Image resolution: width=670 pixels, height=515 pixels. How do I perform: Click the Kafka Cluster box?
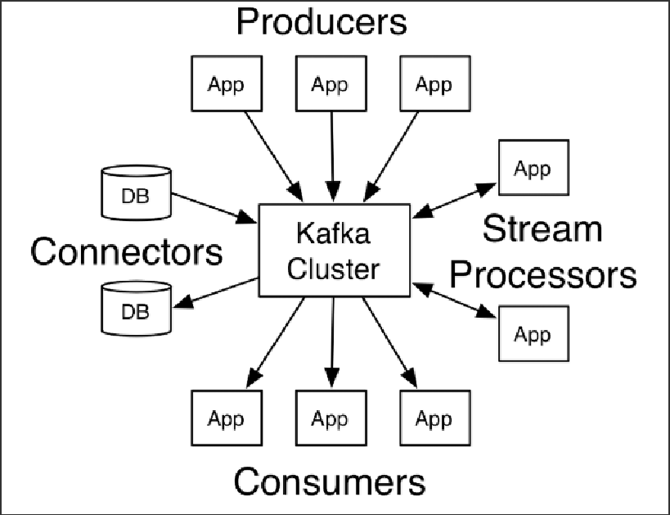334,250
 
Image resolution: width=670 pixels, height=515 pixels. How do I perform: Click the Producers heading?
322,21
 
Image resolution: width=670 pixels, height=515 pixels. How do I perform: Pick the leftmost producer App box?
226,84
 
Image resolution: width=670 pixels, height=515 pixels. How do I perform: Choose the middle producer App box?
331,84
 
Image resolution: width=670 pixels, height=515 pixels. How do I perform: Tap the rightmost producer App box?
434,84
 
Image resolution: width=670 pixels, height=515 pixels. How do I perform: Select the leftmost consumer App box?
226,419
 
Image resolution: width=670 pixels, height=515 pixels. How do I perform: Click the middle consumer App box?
331,419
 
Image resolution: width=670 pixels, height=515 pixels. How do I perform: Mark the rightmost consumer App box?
434,419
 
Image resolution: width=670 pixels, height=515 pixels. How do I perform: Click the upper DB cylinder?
136,195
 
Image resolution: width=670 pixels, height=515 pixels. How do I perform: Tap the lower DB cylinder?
136,310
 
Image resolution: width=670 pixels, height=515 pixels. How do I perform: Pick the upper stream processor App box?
533,169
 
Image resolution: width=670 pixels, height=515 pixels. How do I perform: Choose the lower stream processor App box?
533,334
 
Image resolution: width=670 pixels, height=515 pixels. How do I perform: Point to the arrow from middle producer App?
331,156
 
